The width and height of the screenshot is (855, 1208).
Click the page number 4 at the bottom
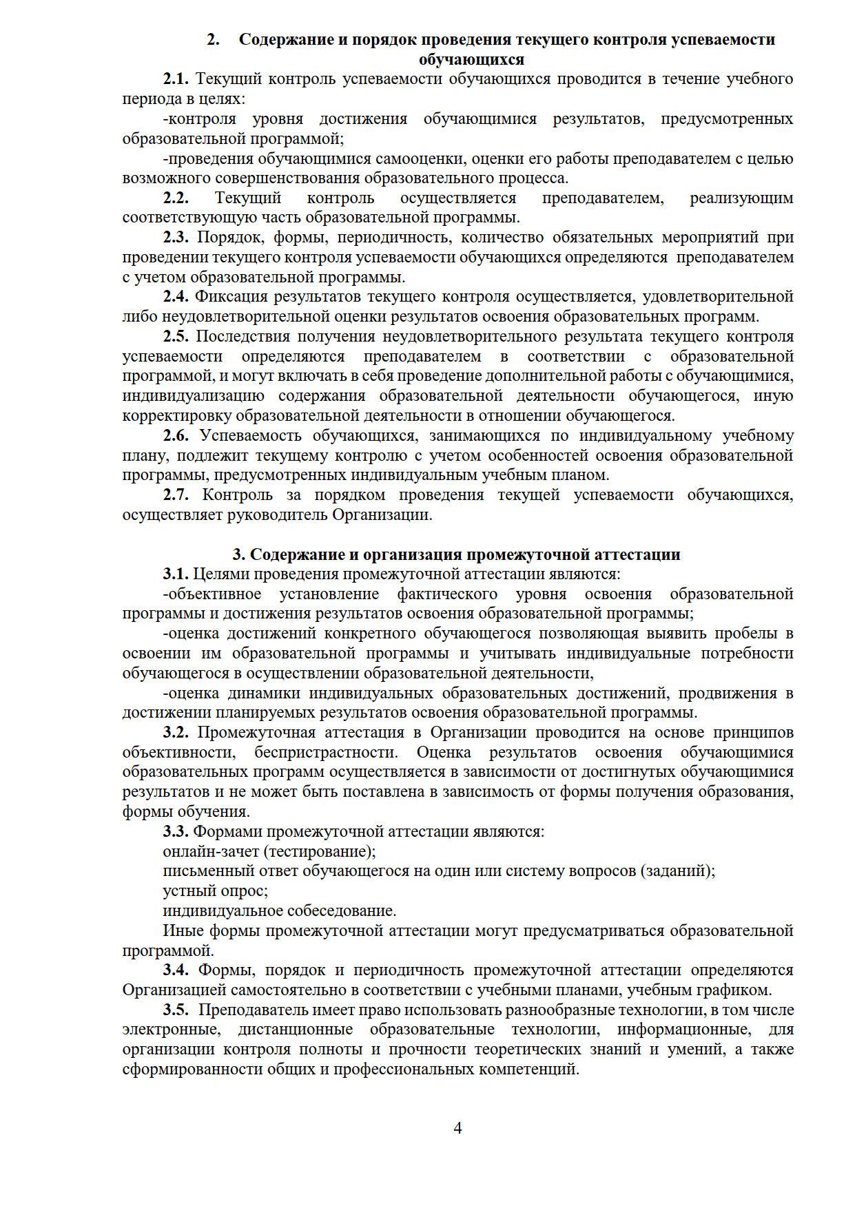pyautogui.click(x=457, y=1128)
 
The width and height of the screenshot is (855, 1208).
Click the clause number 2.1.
pyautogui.click(x=176, y=79)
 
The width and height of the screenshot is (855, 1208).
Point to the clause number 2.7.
pyautogui.click(x=176, y=494)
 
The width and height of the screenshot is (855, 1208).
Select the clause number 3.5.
pyautogui.click(x=176, y=1010)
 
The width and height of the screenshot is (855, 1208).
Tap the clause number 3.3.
pyautogui.click(x=176, y=831)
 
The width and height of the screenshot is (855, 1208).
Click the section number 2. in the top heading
pyautogui.click(x=214, y=39)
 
